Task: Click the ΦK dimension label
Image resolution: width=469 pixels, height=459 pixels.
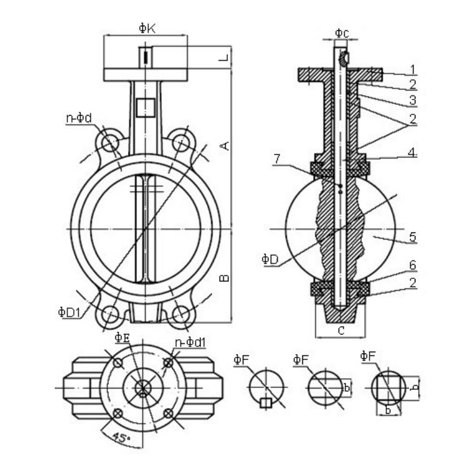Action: tap(147, 28)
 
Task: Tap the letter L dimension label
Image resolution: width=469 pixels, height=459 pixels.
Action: tap(223, 58)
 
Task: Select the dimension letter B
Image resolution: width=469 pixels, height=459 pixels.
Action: tap(224, 278)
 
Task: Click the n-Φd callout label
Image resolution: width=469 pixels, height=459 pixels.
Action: tap(79, 119)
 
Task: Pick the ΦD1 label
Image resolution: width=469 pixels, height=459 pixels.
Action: tap(69, 312)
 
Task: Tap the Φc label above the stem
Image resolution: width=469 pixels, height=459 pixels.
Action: tap(342, 33)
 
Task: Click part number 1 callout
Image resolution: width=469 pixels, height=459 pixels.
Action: tap(413, 70)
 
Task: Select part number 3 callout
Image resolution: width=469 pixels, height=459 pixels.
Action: tap(413, 100)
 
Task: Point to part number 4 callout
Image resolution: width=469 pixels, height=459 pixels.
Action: tap(412, 153)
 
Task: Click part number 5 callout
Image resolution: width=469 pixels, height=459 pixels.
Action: tap(413, 237)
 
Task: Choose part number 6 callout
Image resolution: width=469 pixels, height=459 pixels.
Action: tap(413, 265)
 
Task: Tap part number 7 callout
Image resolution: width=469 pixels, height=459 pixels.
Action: tap(277, 159)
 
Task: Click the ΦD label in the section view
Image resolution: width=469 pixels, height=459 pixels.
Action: tap(270, 259)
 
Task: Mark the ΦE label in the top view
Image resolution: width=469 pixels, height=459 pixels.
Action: tap(122, 338)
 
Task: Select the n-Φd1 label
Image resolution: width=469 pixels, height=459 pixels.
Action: tap(190, 342)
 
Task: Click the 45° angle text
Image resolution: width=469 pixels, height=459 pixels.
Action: tap(122, 438)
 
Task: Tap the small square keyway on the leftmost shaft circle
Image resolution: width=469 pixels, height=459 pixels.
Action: tap(265, 403)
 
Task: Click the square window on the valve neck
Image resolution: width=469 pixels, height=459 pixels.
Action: tap(145, 107)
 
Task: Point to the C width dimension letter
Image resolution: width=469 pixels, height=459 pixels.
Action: tap(341, 330)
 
